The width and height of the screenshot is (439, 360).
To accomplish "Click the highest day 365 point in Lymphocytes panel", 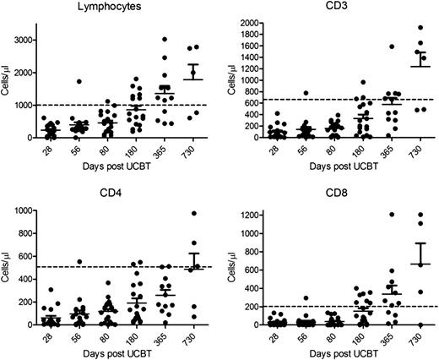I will coord(165,39).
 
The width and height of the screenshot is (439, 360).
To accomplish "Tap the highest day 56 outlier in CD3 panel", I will coord(326,93).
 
